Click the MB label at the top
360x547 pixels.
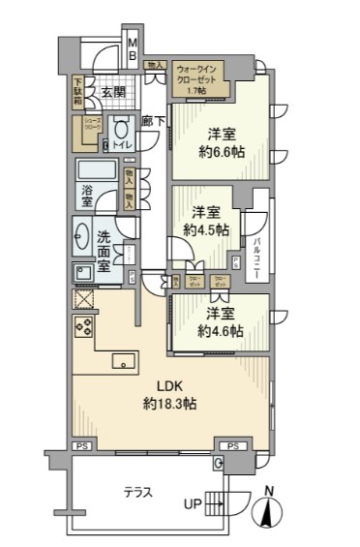135,49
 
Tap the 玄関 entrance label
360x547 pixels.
108,94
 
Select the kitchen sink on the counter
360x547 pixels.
123,361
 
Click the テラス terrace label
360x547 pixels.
138,493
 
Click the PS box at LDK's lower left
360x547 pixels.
83,446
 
